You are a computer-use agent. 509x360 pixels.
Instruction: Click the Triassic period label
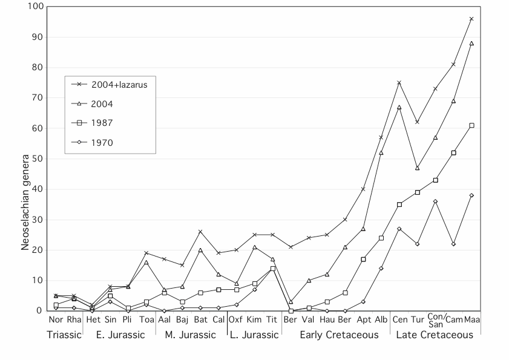click(64, 335)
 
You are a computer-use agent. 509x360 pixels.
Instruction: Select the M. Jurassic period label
click(191, 335)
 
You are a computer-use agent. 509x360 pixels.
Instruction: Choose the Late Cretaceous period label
click(435, 335)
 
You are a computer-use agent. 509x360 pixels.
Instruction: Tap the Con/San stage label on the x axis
click(435, 319)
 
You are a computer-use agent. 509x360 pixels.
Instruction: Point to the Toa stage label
click(146, 319)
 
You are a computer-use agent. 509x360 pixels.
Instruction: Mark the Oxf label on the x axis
click(236, 319)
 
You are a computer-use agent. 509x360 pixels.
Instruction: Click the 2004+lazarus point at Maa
click(471, 19)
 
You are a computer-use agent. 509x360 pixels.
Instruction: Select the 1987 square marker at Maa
click(471, 125)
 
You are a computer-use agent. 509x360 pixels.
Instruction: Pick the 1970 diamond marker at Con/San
click(435, 201)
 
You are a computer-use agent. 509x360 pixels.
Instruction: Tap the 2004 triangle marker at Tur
click(417, 168)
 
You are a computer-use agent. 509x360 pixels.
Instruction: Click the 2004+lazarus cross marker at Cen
click(399, 82)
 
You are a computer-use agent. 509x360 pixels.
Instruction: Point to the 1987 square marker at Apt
click(363, 259)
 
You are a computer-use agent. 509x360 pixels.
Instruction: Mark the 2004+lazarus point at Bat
click(200, 232)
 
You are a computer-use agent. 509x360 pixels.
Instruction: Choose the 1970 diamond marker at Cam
click(453, 244)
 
